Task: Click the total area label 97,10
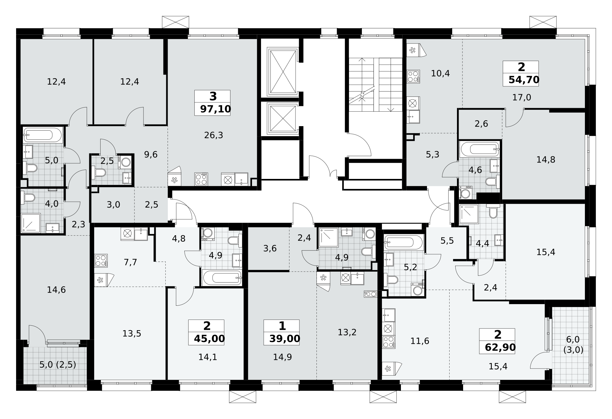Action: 216,109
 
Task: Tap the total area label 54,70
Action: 524,79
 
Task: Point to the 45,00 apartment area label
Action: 209,339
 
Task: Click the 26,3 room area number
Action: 214,135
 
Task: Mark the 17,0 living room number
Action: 522,97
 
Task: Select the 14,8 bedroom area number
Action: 546,160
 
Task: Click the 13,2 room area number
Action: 347,332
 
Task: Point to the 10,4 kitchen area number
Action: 440,73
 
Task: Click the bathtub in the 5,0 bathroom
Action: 43,135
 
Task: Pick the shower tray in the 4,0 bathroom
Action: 31,223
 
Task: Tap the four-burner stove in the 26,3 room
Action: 201,179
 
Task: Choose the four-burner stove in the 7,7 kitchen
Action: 101,260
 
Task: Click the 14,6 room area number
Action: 56,290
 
